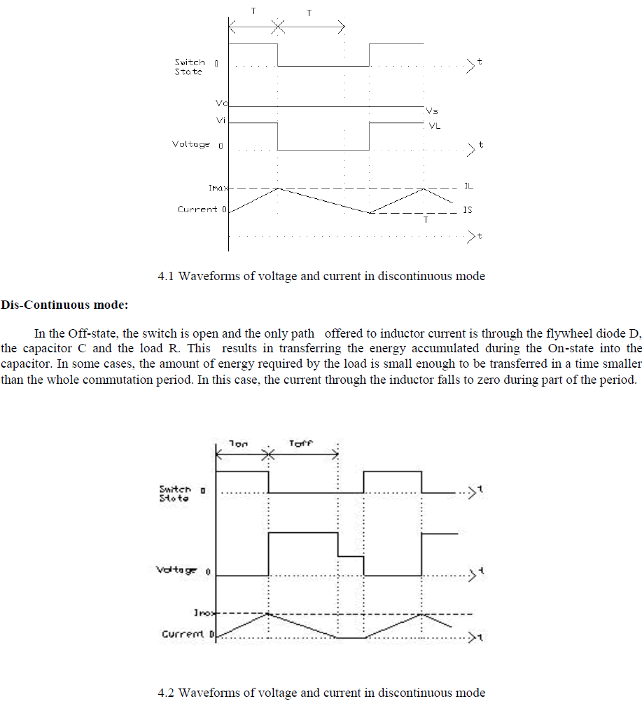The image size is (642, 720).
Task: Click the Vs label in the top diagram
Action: (x=431, y=111)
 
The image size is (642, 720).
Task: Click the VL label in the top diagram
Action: (x=435, y=127)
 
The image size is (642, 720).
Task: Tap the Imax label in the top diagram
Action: (x=217, y=188)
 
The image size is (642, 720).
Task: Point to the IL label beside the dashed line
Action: (x=468, y=187)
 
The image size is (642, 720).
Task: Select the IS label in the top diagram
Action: (x=467, y=210)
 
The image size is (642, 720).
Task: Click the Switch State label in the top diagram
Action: (x=189, y=67)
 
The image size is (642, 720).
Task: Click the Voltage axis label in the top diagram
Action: (x=191, y=144)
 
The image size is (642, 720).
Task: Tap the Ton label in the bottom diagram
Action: (x=238, y=443)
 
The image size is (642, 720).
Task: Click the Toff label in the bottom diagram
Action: (x=301, y=443)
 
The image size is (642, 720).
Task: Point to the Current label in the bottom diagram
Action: (x=183, y=635)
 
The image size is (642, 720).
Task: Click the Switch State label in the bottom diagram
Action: (x=174, y=493)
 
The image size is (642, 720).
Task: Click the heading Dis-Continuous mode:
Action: (x=65, y=305)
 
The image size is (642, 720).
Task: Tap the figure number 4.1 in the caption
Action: (x=167, y=276)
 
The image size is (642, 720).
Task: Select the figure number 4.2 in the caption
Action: (x=167, y=693)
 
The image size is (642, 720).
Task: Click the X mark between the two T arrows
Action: (x=278, y=27)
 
